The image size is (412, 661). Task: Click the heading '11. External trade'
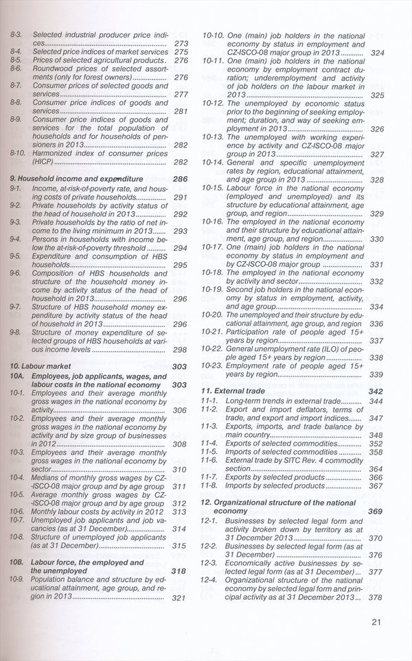233,391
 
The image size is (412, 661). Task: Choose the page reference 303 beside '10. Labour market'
180,367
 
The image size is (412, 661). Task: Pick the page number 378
376,598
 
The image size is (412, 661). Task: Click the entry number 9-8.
16,332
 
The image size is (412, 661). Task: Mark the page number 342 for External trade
376,391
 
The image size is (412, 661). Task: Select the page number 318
179,570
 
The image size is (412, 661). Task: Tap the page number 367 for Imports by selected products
376,486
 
